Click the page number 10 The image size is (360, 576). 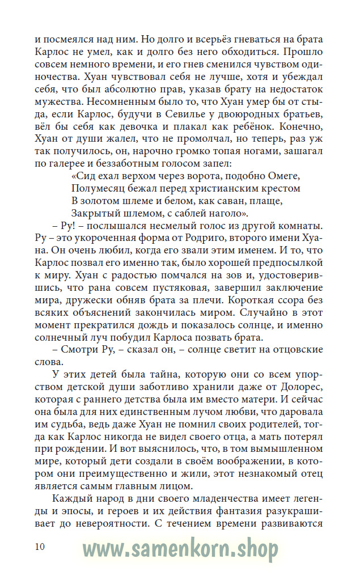point(40,547)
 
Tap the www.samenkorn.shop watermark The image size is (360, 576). point(180,549)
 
